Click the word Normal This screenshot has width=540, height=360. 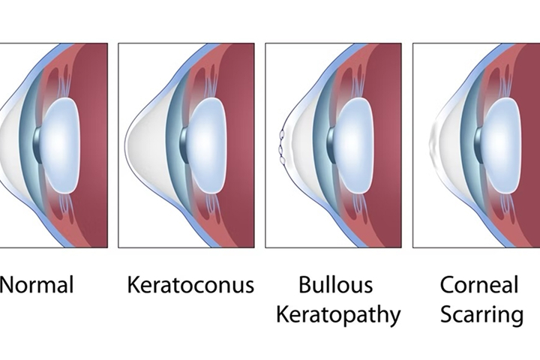click(x=37, y=285)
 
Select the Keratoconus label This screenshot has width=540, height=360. click(x=190, y=285)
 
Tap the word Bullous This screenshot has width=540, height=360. click(x=336, y=285)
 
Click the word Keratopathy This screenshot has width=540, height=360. click(x=338, y=315)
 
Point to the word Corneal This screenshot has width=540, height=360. click(x=479, y=285)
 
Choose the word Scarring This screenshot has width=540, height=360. click(x=481, y=315)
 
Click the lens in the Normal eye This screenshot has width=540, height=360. click(x=61, y=145)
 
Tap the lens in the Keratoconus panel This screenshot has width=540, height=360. click(x=207, y=145)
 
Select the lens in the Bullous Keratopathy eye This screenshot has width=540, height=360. click(x=354, y=145)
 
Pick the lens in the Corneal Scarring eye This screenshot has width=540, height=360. click(x=501, y=145)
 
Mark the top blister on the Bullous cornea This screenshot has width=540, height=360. click(x=282, y=133)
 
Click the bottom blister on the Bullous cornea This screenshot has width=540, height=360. click(x=283, y=160)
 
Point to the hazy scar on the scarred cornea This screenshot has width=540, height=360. click(x=433, y=142)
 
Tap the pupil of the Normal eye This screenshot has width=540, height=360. click(x=37, y=145)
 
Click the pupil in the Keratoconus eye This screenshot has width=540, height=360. click(x=184, y=145)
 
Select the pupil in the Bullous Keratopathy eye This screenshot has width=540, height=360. click(x=331, y=145)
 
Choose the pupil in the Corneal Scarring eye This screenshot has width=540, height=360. click(x=478, y=145)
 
